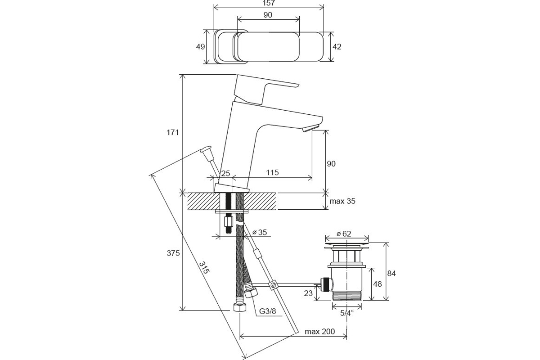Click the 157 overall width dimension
(269, 3)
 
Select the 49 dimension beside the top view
(200, 46)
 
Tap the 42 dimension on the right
(337, 46)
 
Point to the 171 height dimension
(173, 132)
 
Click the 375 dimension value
(173, 253)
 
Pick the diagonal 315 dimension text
(204, 267)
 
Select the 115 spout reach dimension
(272, 172)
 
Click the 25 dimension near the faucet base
(225, 173)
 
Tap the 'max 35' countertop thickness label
(342, 201)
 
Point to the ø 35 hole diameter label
(260, 232)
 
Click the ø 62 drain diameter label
(344, 234)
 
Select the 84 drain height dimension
(391, 274)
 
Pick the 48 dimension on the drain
(377, 284)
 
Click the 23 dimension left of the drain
(308, 293)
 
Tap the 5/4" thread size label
(346, 313)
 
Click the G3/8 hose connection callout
(267, 311)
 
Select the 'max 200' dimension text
(319, 332)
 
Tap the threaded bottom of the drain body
(346, 296)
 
